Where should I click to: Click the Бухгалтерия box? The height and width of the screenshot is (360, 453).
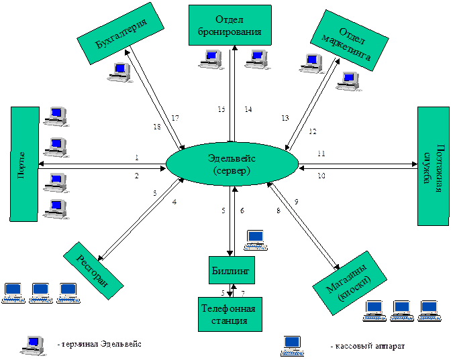[x=121, y=36]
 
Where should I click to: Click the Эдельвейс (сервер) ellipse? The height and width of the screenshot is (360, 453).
[x=232, y=164]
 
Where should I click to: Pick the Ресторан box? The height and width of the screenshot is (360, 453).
[x=93, y=269]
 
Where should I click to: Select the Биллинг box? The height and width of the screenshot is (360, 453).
[x=231, y=271]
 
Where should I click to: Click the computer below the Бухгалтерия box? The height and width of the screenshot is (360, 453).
[x=119, y=71]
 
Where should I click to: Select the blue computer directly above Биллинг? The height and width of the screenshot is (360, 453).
[x=255, y=238]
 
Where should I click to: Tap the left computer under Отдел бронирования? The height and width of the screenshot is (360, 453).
[x=210, y=59]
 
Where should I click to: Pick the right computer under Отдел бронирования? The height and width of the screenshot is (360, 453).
[x=256, y=59]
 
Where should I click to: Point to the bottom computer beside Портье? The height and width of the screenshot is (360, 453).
[x=55, y=208]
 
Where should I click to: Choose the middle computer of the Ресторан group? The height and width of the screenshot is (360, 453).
[x=41, y=292]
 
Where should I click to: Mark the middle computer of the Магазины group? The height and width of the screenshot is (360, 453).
[x=401, y=309]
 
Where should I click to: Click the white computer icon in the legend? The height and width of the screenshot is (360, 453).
[x=33, y=344]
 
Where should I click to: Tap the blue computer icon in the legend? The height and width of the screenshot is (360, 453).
[x=292, y=344]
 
